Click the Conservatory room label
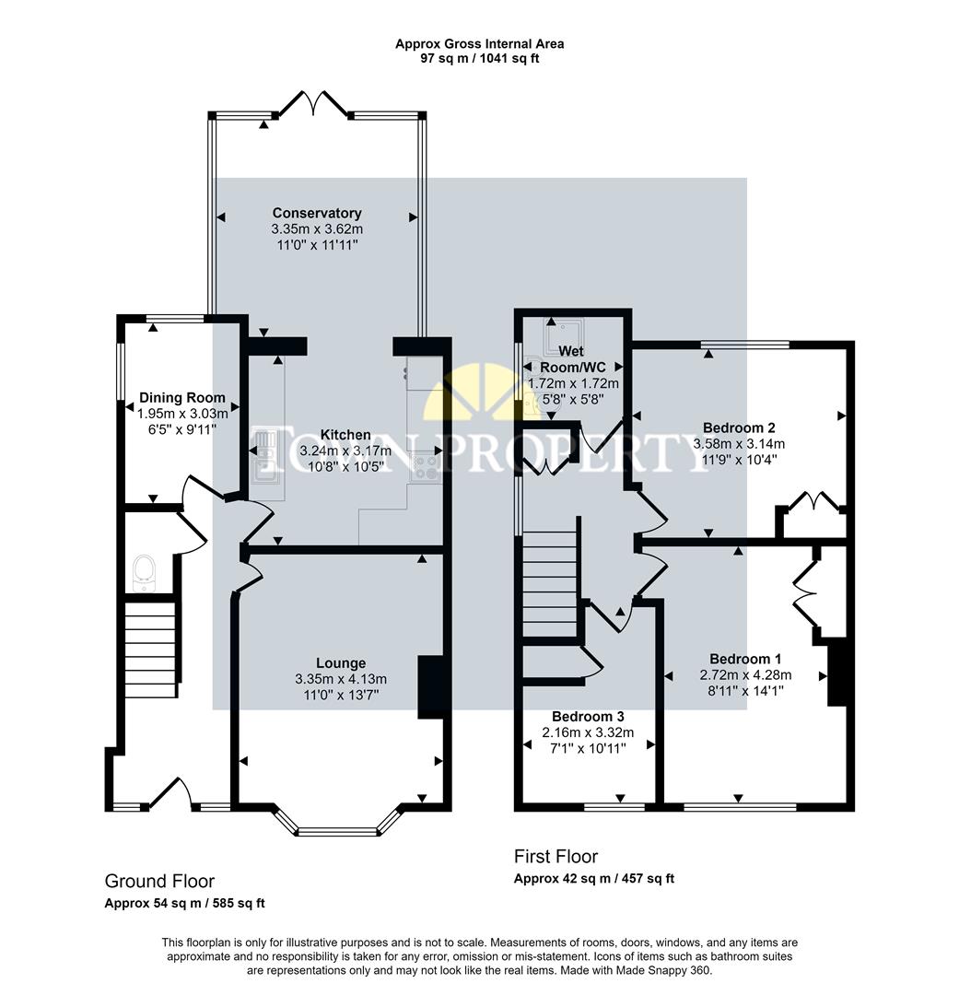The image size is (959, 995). click(x=317, y=213)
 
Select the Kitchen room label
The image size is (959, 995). click(x=345, y=435)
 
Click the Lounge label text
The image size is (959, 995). click(x=340, y=662)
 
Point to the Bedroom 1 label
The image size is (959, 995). click(x=745, y=659)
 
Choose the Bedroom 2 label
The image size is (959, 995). click(x=739, y=427)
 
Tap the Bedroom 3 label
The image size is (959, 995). click(x=588, y=716)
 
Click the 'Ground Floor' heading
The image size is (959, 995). click(x=159, y=882)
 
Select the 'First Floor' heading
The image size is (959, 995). click(x=556, y=857)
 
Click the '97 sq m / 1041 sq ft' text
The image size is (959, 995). click(x=479, y=59)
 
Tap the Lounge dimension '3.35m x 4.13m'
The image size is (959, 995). click(x=340, y=679)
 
